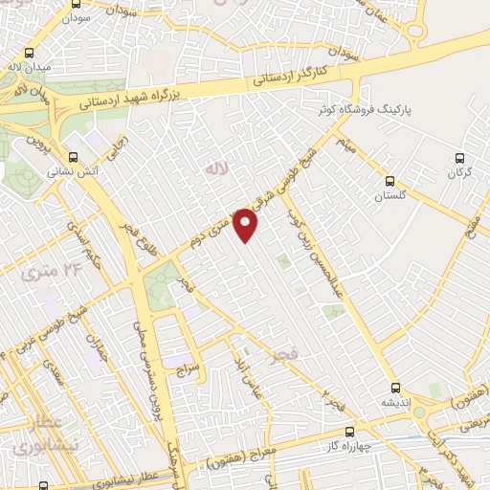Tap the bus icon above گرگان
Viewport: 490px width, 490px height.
pyautogui.click(x=459, y=158)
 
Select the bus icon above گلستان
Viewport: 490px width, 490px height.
pyautogui.click(x=390, y=180)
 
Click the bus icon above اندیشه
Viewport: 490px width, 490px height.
pyautogui.click(x=392, y=389)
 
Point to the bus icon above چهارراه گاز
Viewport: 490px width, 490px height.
pyautogui.click(x=350, y=432)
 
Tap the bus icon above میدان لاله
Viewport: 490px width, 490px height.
pyautogui.click(x=31, y=54)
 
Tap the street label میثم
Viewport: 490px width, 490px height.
pyautogui.click(x=345, y=143)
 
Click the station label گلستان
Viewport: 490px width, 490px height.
pyautogui.click(x=389, y=194)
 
